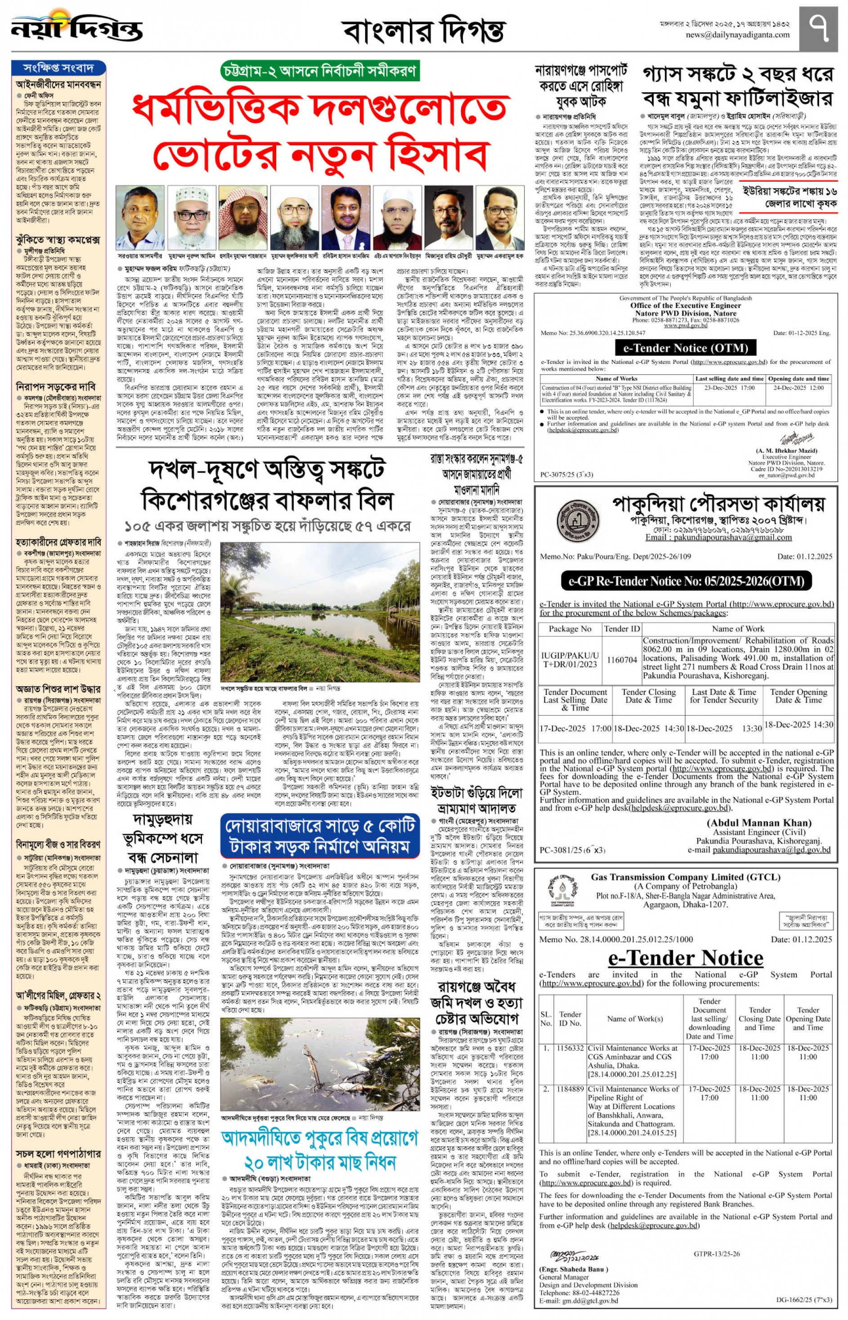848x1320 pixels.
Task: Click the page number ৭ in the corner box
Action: coord(819,27)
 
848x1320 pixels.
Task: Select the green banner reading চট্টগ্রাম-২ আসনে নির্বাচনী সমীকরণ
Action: coord(319,71)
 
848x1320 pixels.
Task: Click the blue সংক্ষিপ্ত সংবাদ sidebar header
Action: coord(58,68)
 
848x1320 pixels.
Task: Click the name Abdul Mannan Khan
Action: coord(758,823)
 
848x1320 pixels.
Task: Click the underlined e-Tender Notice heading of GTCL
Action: coord(685,958)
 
